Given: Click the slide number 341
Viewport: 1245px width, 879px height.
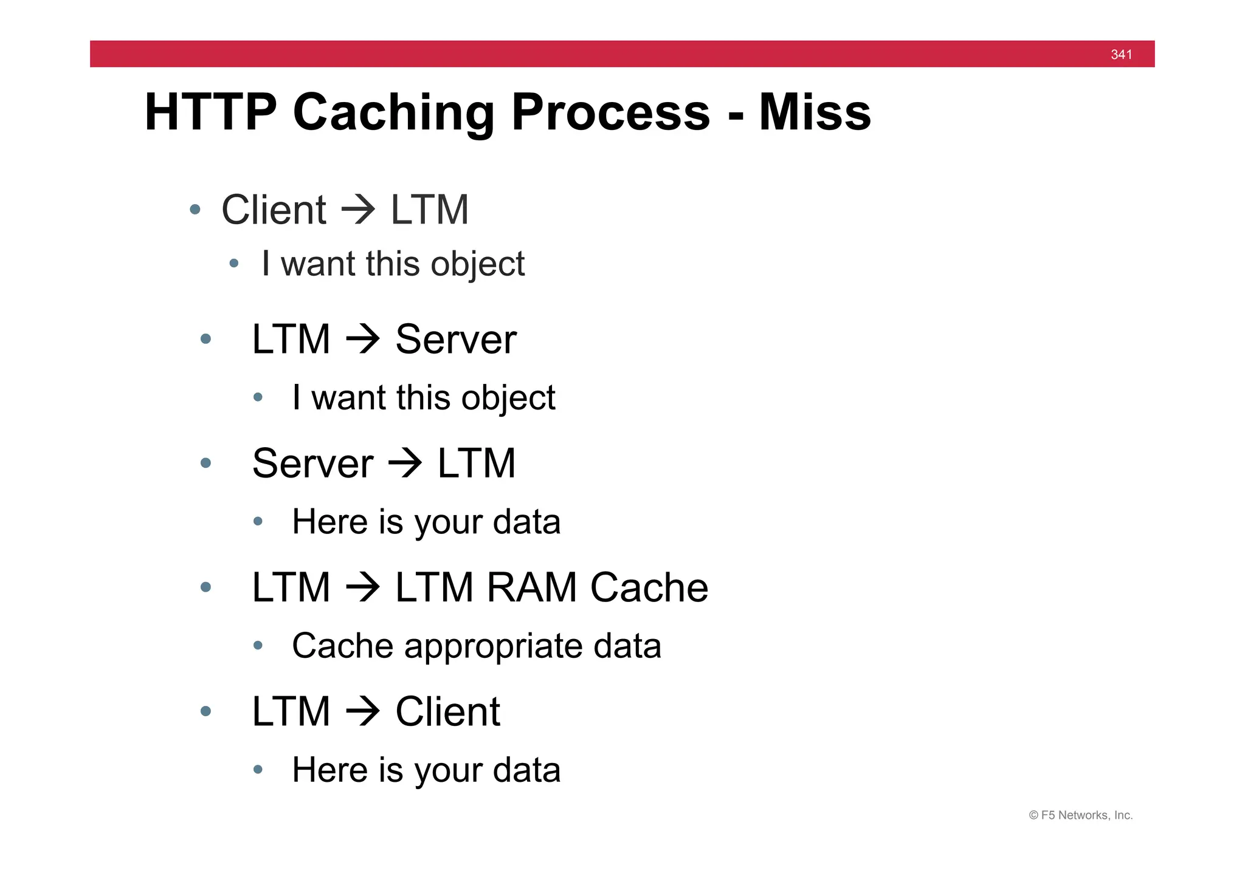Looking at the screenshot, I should (1121, 55).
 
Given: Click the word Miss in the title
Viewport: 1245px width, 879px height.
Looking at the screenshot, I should (815, 112).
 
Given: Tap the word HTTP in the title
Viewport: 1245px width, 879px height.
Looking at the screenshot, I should (210, 112).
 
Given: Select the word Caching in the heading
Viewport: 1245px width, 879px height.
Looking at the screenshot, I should (393, 114).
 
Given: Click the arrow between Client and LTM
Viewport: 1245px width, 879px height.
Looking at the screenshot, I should (358, 210).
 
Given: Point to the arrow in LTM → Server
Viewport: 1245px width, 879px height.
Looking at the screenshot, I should (363, 339).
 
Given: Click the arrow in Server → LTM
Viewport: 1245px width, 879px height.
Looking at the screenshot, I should (405, 463).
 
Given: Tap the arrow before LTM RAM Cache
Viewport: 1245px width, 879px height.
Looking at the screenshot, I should (363, 587).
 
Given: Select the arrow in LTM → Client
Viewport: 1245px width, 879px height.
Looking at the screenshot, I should (363, 711).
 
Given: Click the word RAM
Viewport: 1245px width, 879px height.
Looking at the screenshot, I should (531, 587).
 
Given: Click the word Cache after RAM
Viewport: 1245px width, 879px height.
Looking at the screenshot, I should (649, 587).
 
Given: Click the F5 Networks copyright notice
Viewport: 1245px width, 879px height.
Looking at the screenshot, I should (1080, 815).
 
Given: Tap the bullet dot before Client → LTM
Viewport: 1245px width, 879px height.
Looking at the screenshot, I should (195, 210).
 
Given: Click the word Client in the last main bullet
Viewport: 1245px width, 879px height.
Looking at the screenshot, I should (447, 711).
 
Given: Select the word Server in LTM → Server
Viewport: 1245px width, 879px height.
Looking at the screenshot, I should (455, 339).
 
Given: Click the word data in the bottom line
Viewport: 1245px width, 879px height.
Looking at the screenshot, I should (526, 770).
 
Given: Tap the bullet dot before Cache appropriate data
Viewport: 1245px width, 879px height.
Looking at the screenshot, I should (258, 646).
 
